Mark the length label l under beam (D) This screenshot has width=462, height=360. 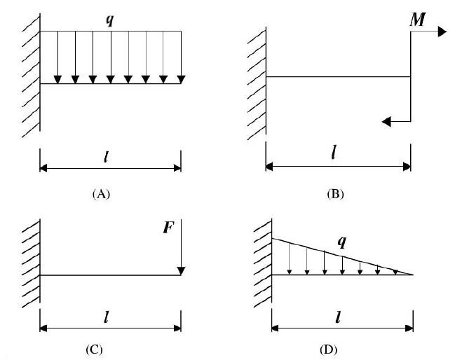click(339, 317)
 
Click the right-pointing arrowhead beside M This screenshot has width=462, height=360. click(442, 32)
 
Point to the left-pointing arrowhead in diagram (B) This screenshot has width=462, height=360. click(387, 121)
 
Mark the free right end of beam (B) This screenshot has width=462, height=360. click(410, 76)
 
